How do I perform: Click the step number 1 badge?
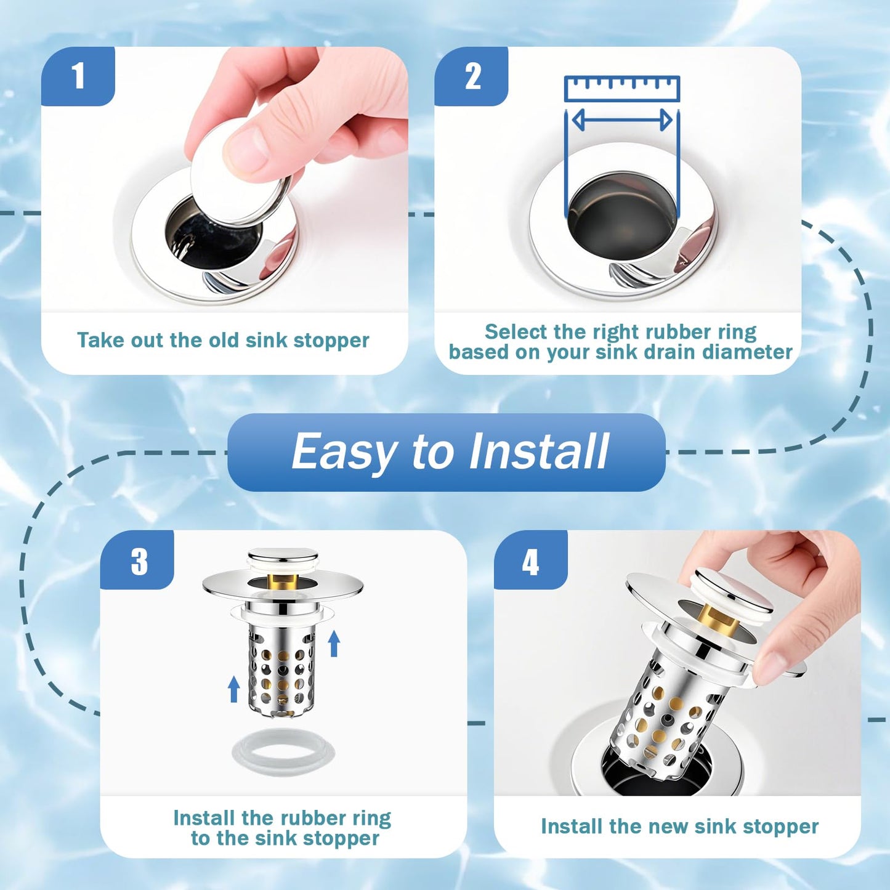[78, 76]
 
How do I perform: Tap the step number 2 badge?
[472, 76]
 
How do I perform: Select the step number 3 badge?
[139, 561]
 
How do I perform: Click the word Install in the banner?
[539, 451]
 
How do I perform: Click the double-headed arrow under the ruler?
[622, 120]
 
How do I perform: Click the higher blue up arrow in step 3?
[334, 643]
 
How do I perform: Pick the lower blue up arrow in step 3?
[233, 689]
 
